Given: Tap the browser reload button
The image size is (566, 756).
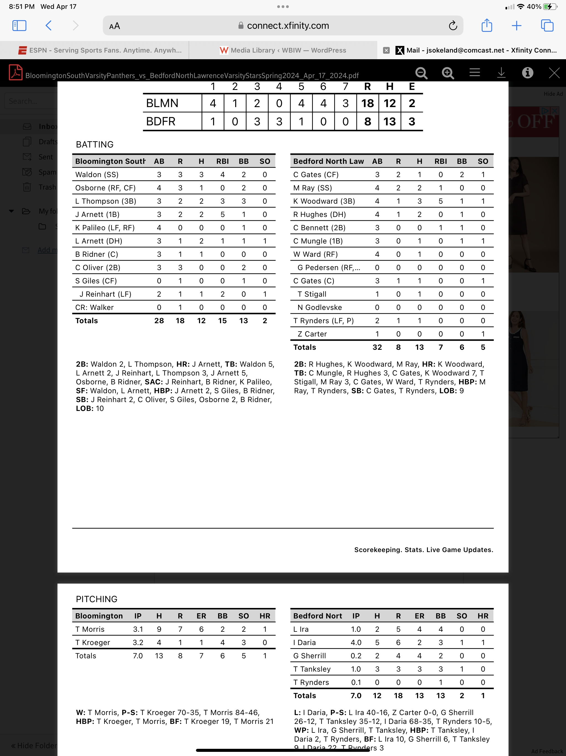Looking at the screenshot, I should [453, 26].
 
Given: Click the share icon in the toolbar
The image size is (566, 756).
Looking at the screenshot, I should [486, 26].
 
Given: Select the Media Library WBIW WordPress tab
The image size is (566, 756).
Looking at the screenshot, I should [283, 50].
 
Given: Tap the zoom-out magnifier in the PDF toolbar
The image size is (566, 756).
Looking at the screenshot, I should [421, 73].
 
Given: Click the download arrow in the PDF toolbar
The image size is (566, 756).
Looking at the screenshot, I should [501, 73].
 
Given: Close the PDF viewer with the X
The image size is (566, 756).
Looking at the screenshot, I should [554, 73].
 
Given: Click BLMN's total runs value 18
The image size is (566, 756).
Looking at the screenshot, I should [367, 103].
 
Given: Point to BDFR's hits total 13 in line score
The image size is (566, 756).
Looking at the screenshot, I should [389, 122].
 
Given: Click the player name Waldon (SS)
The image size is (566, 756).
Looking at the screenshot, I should [97, 175].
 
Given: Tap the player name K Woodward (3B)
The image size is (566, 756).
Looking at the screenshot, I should [324, 201].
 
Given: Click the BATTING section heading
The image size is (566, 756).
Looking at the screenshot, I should [95, 144].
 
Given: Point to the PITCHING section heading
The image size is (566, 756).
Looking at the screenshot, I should [97, 599].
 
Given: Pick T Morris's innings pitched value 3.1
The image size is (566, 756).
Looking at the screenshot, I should [138, 629].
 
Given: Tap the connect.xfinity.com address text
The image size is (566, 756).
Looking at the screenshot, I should [288, 26].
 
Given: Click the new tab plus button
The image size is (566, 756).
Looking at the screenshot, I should [517, 26].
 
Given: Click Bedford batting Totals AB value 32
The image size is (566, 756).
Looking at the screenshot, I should [377, 347].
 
